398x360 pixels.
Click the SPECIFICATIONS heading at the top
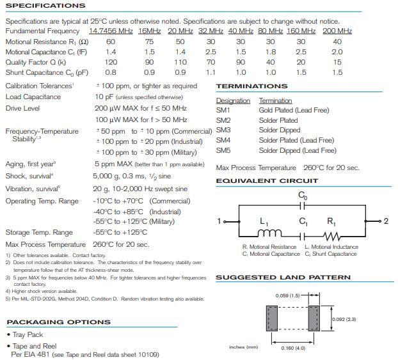(x=45, y=6)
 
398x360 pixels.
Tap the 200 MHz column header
(x=337, y=31)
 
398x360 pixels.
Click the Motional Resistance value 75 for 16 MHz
(x=149, y=42)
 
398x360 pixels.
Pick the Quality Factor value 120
(x=111, y=62)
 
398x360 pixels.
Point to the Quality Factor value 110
(x=180, y=62)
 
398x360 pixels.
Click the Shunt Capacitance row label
(x=47, y=73)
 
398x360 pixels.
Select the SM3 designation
(x=223, y=130)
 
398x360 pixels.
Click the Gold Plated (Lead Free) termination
(x=294, y=110)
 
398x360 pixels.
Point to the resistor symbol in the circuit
(x=332, y=232)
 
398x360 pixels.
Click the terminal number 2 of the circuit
(x=386, y=221)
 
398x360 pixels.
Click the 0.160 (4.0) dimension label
(x=294, y=348)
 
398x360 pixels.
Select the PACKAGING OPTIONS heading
(x=58, y=322)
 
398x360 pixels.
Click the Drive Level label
(x=22, y=109)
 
